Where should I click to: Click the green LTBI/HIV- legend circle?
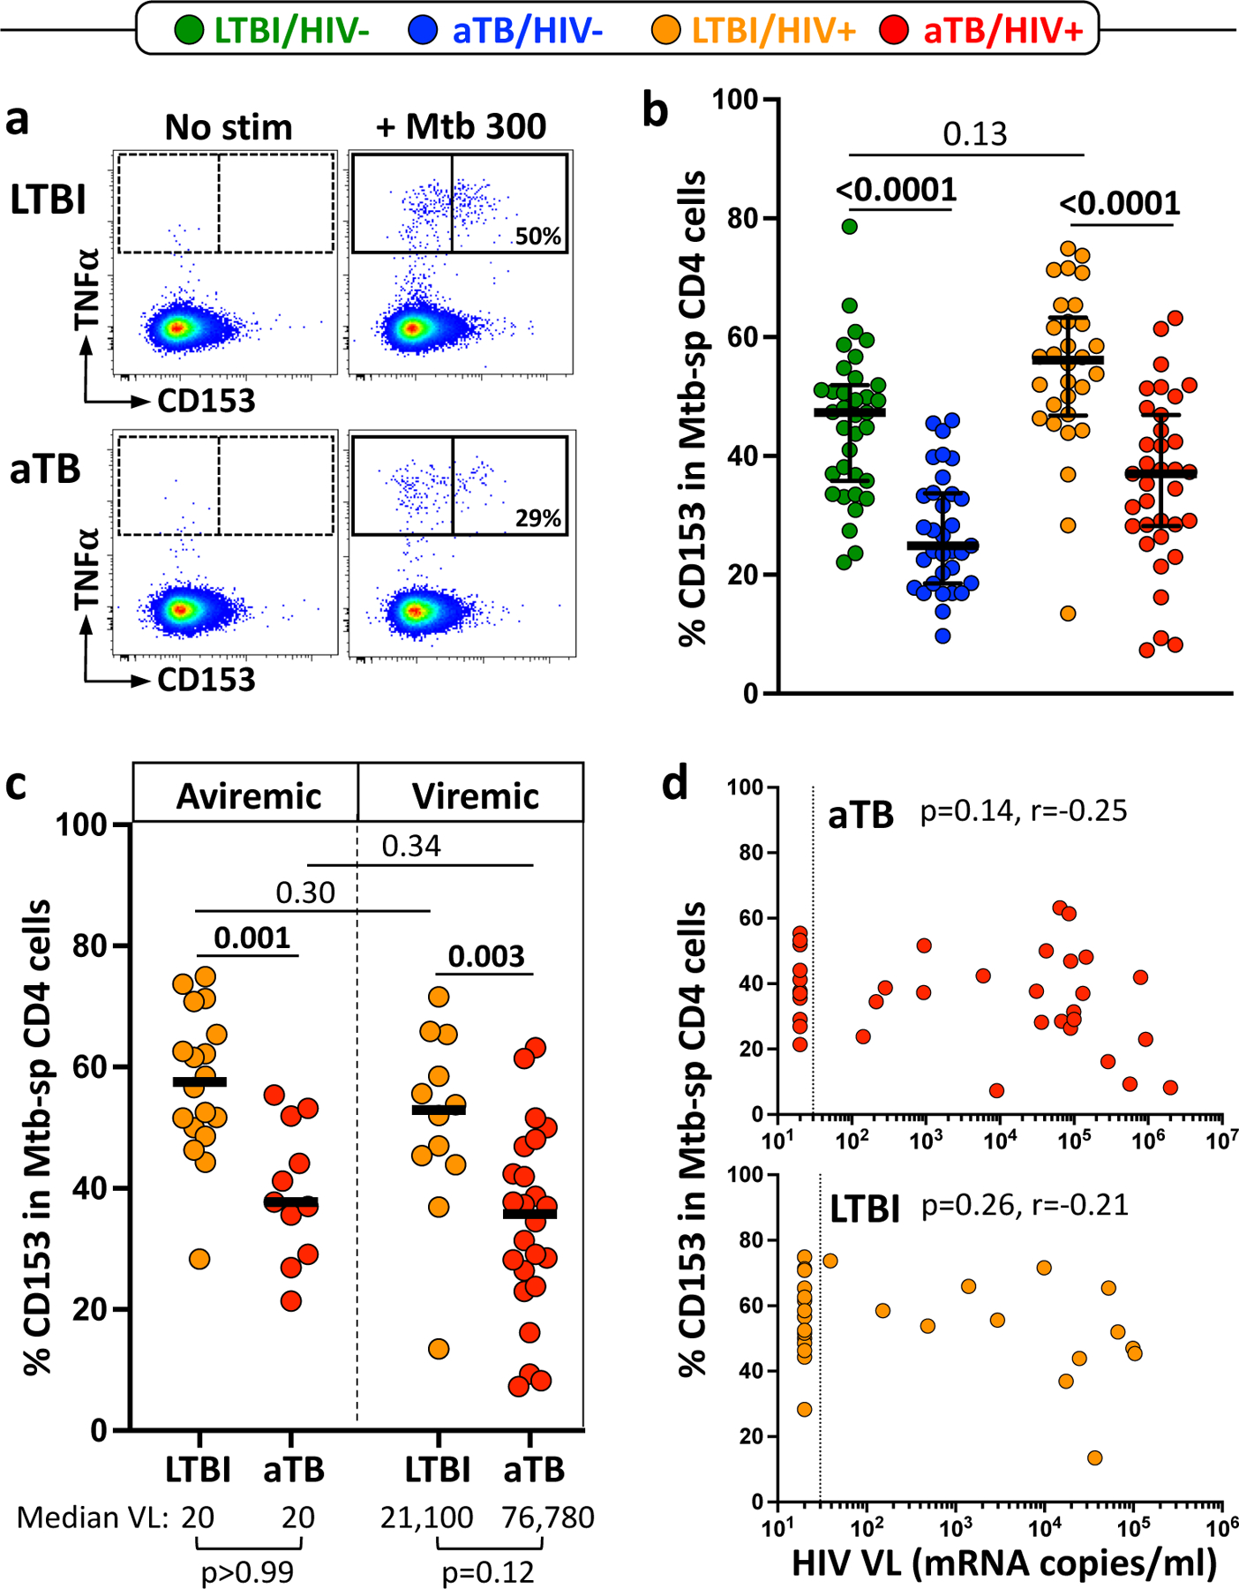(x=189, y=31)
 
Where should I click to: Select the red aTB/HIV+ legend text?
(x=1002, y=31)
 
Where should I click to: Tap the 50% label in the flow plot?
(x=538, y=237)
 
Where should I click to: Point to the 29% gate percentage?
(x=538, y=518)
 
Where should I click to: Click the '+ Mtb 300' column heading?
(x=461, y=127)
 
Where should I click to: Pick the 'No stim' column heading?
(x=228, y=128)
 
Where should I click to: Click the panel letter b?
(x=655, y=111)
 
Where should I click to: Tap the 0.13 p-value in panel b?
(x=974, y=134)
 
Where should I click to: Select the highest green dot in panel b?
(x=849, y=226)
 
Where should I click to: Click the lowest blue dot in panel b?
(x=942, y=636)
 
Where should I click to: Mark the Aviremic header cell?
(x=249, y=796)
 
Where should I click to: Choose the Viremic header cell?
(x=475, y=796)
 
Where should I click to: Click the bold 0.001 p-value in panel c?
(x=252, y=938)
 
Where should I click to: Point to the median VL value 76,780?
(x=547, y=1517)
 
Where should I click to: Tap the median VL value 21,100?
(x=427, y=1517)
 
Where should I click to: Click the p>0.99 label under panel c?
(x=247, y=1571)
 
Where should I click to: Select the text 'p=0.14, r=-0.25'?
(x=1024, y=810)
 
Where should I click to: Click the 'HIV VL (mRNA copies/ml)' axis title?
(x=1004, y=1563)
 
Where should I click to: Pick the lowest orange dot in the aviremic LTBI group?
(x=199, y=1259)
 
